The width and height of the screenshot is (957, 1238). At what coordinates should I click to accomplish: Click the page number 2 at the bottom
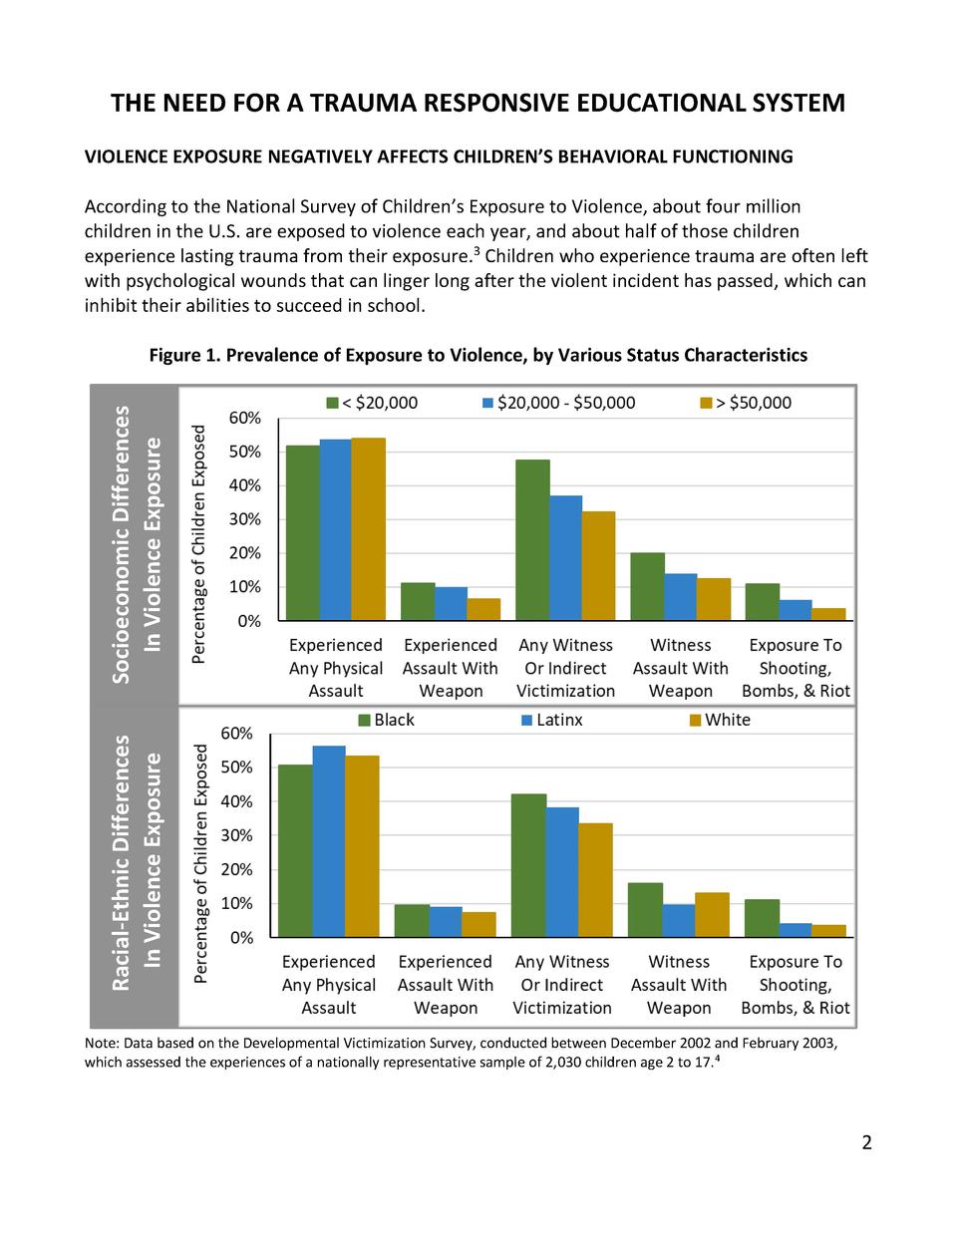pyautogui.click(x=866, y=1142)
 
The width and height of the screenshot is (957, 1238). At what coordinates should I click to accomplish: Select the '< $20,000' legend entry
pyautogui.click(x=372, y=403)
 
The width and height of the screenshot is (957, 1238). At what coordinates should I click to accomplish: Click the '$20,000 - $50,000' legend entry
pyautogui.click(x=558, y=403)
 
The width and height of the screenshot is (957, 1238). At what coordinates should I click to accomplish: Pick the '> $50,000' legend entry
pyautogui.click(x=747, y=403)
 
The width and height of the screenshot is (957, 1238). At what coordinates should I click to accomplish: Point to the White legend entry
pyautogui.click(x=720, y=720)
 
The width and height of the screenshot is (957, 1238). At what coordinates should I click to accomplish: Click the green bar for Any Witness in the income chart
pyautogui.click(x=533, y=539)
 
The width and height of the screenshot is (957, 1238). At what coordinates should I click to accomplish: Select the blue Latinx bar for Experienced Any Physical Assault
pyautogui.click(x=329, y=841)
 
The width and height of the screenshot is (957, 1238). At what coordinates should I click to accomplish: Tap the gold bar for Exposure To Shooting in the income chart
pyautogui.click(x=829, y=614)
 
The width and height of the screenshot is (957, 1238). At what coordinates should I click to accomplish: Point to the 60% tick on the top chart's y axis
pyautogui.click(x=245, y=418)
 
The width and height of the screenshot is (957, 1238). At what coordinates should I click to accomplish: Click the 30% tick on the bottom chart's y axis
pyautogui.click(x=237, y=835)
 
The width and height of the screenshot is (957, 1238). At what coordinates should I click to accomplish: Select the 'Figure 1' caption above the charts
pyautogui.click(x=478, y=355)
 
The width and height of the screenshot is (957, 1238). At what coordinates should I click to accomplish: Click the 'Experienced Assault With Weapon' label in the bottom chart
pyautogui.click(x=445, y=984)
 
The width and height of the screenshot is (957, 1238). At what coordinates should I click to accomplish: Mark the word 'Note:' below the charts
pyautogui.click(x=102, y=1043)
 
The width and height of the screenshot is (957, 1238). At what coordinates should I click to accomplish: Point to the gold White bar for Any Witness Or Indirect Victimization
pyautogui.click(x=596, y=879)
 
